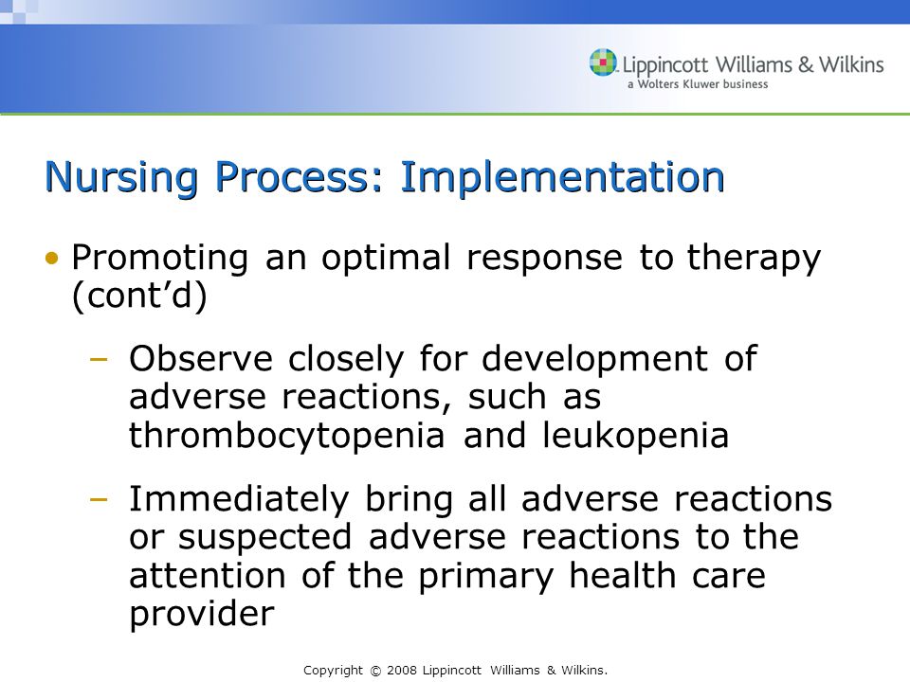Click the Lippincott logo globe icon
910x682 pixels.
603,63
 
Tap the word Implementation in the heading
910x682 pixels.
562,176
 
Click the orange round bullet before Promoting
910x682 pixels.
52,258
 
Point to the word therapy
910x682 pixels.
754,258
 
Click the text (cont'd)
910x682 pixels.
139,296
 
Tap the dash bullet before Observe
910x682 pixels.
100,360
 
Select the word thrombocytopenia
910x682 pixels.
286,436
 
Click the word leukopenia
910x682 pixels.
635,436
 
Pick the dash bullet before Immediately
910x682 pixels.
100,499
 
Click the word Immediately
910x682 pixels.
239,499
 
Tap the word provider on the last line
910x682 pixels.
201,614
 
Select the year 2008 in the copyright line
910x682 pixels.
402,671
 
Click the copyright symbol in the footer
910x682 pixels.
375,671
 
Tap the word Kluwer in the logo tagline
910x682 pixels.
702,84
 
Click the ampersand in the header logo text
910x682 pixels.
806,63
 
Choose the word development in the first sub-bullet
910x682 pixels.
594,360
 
